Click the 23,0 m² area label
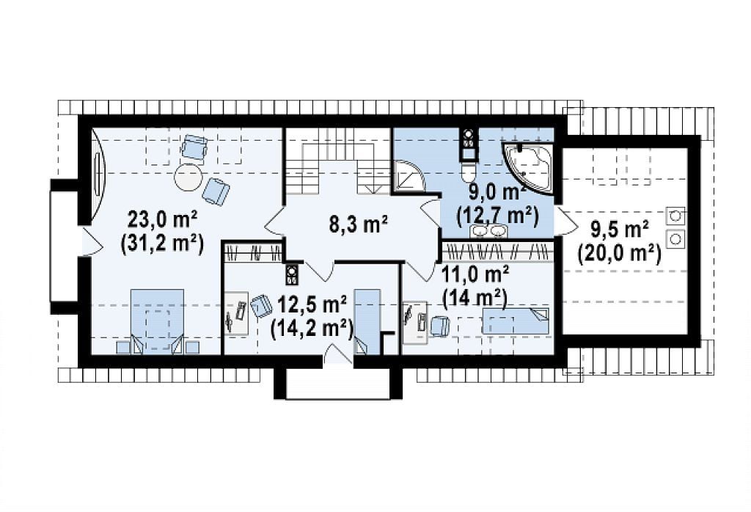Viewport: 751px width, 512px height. (x=162, y=220)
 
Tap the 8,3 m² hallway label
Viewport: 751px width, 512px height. (x=358, y=224)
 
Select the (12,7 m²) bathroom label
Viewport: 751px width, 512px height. (x=498, y=216)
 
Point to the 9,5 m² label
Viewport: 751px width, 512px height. (x=620, y=230)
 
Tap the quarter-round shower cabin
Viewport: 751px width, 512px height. (x=409, y=175)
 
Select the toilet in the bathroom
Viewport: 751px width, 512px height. (x=467, y=170)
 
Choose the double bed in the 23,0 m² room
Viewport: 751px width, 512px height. (x=157, y=321)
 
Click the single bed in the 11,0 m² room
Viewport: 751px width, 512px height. (x=516, y=321)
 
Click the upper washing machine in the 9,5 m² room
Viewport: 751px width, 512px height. (x=675, y=216)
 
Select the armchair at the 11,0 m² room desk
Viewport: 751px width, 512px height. (x=441, y=326)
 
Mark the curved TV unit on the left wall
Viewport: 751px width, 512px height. (x=98, y=175)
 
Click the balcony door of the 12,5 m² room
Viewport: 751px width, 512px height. (x=338, y=354)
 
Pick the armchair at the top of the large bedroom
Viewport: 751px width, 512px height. (x=194, y=147)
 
